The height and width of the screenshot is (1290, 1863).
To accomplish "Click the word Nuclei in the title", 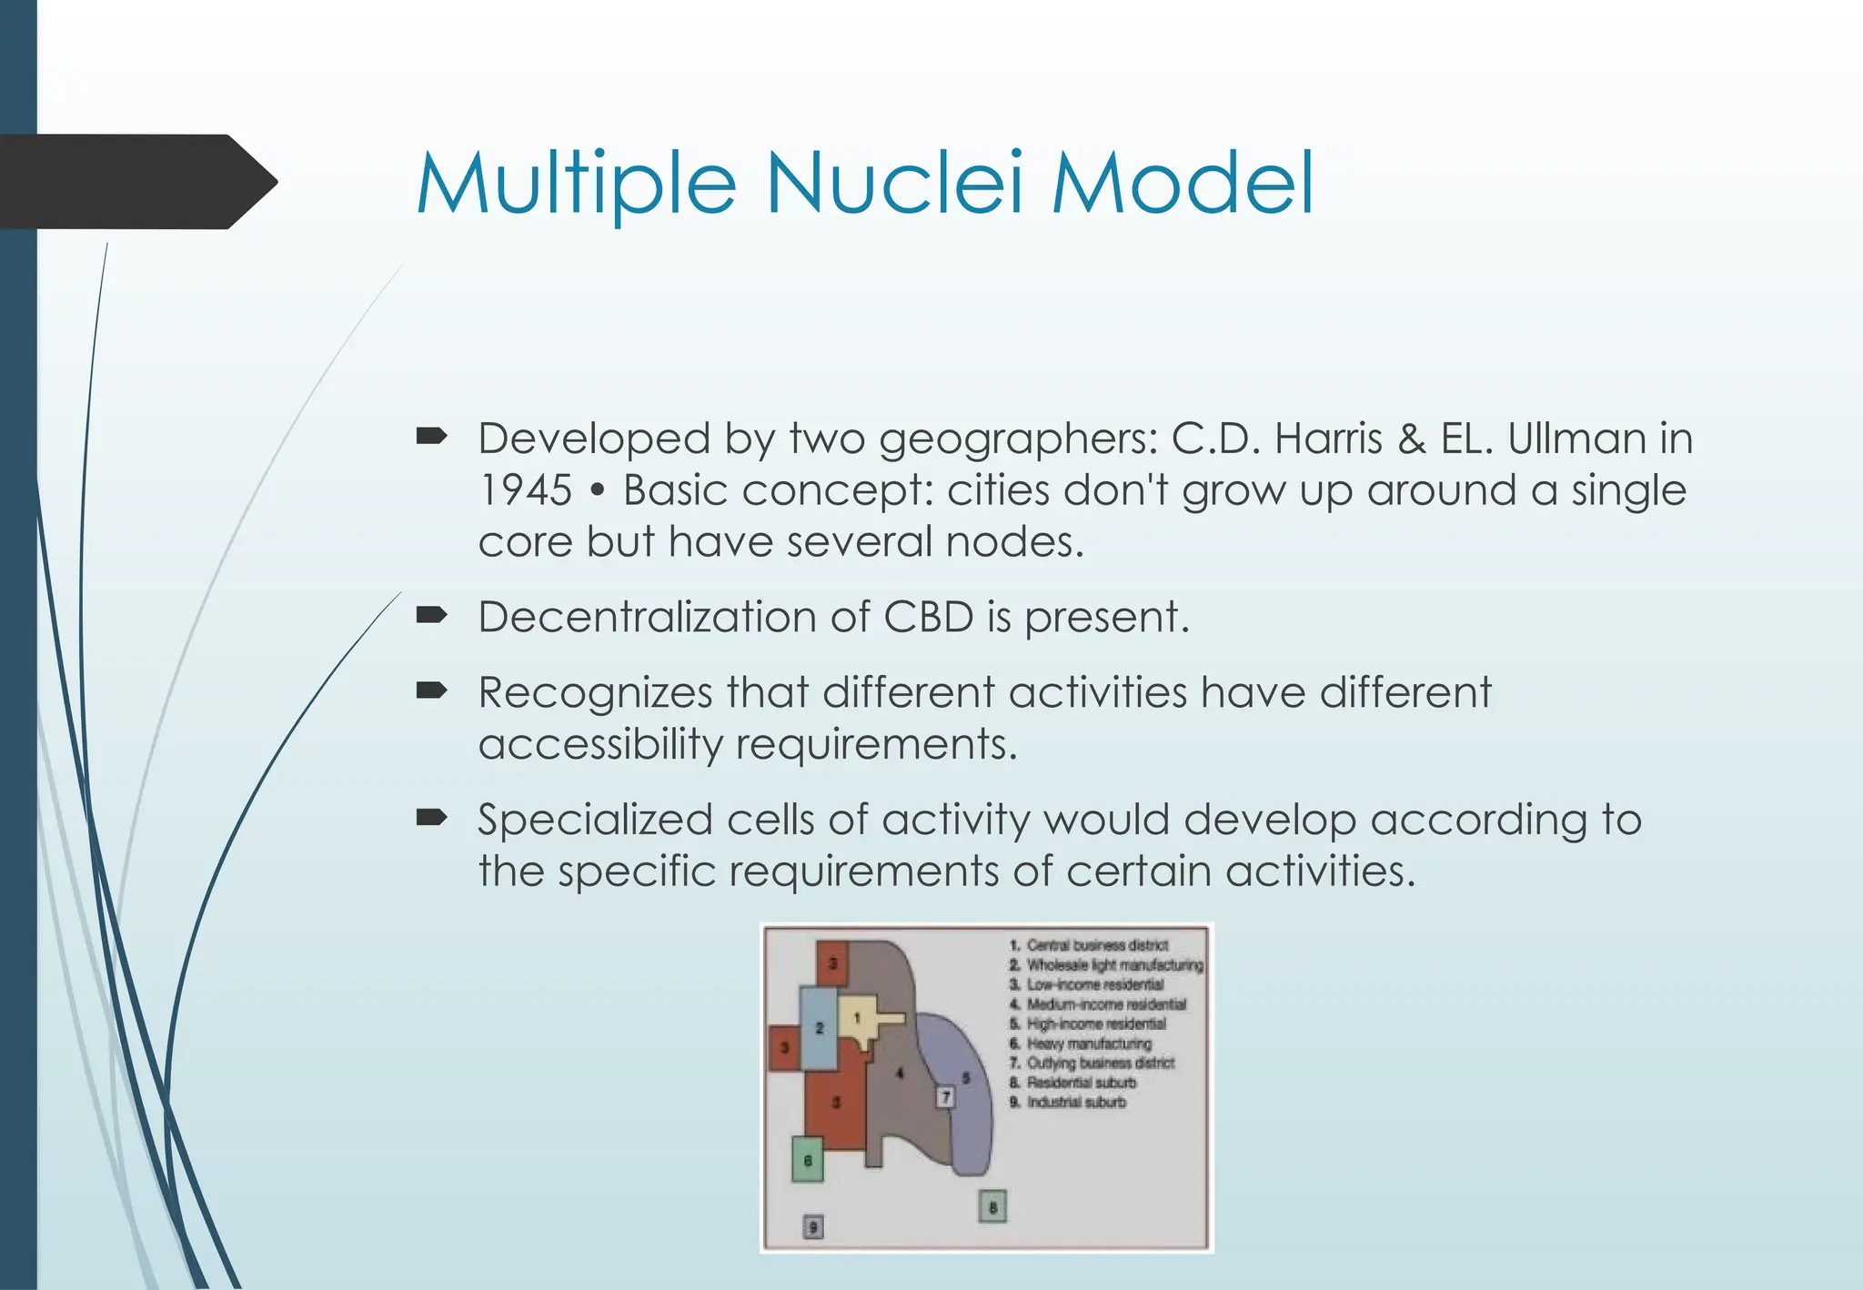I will point(894,184).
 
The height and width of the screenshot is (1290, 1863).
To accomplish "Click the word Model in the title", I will point(1183,184).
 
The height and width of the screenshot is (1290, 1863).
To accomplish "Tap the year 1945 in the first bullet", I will point(525,490).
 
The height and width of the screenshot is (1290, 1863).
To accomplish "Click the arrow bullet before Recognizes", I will point(431,691).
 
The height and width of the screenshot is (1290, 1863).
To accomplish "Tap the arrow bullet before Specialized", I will point(431,819).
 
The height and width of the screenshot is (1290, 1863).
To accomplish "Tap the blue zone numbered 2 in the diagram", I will point(819,1028).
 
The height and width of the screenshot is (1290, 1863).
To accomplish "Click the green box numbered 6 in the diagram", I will point(807,1160).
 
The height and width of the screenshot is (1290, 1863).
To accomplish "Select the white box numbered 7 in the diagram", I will point(946,1097).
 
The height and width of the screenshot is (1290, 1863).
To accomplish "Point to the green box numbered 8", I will point(992,1207).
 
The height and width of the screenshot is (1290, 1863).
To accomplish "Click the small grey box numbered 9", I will point(813,1227).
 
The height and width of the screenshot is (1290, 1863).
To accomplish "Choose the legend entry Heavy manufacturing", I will point(1088,1043).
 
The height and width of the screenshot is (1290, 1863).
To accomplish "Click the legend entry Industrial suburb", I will point(1075,1102).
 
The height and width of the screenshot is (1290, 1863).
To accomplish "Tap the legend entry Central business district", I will point(1096,945).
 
